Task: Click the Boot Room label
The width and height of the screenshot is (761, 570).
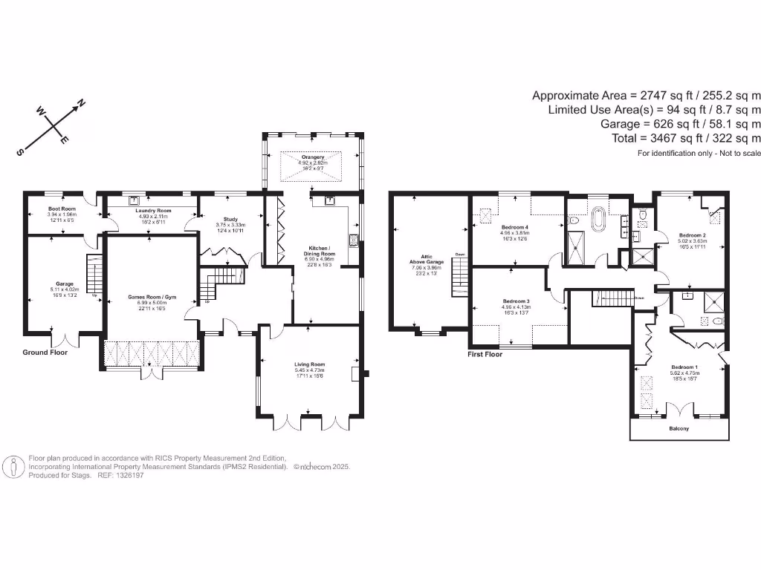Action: pyautogui.click(x=63, y=209)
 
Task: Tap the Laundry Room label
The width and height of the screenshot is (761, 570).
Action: pyautogui.click(x=154, y=211)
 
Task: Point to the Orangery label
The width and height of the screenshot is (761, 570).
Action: pyautogui.click(x=310, y=157)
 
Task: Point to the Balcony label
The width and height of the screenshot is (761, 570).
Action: pyautogui.click(x=679, y=428)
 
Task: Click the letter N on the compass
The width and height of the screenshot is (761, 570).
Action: pyautogui.click(x=82, y=103)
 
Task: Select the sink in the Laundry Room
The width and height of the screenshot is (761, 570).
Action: pyautogui.click(x=135, y=200)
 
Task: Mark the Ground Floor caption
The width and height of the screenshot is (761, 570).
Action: pyautogui.click(x=45, y=353)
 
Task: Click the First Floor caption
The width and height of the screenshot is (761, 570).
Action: pyautogui.click(x=485, y=355)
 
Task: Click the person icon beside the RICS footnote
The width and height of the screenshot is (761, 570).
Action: pyautogui.click(x=13, y=467)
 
